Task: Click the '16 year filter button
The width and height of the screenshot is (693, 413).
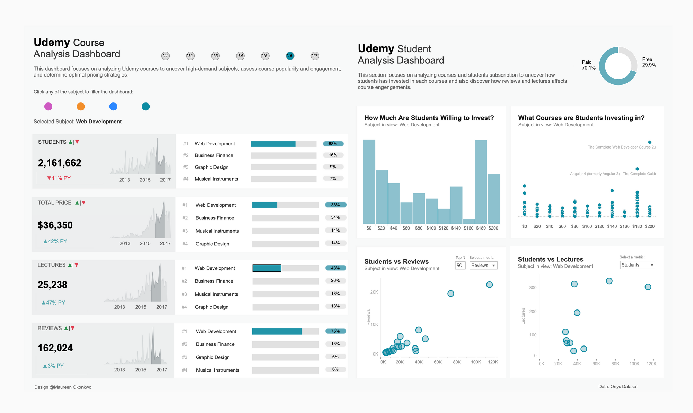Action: pos(290,56)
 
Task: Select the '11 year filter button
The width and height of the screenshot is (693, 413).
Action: pos(166,56)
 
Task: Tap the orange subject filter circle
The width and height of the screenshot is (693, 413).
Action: pos(81,107)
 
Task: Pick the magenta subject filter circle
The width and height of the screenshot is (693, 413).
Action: pos(48,107)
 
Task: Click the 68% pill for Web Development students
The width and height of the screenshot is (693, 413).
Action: pos(333,144)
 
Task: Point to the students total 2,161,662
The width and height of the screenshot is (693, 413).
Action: pos(60,163)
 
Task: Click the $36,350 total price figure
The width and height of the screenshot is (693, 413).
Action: pos(55,225)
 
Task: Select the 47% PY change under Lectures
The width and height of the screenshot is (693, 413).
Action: pos(53,303)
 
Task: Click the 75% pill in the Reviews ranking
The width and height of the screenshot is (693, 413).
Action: pos(335,331)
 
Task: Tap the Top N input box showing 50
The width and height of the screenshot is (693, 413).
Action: pos(460,266)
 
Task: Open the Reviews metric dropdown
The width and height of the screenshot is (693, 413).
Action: pos(483,266)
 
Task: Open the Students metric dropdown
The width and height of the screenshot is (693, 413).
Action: pos(638,265)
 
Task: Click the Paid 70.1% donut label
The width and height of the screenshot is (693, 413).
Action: pos(588,65)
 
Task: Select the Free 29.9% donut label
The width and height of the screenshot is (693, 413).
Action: pos(649,62)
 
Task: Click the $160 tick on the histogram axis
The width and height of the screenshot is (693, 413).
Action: pos(468,228)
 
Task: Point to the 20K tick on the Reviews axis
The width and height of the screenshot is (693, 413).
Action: pos(374,292)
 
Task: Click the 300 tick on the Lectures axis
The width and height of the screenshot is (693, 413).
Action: pos(533,288)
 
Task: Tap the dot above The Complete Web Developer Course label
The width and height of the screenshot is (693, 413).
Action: pos(650,142)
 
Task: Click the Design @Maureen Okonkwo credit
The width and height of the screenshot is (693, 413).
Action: pos(63,387)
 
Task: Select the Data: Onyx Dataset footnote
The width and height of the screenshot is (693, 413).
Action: pos(618,387)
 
